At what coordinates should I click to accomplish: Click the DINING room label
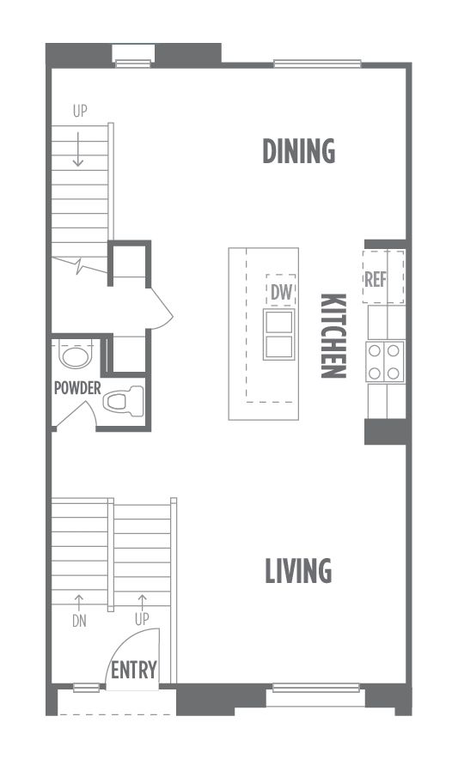click(298, 150)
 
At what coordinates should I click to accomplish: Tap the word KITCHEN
click(333, 336)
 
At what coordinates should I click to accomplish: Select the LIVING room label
click(298, 570)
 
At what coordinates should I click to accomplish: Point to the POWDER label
click(77, 388)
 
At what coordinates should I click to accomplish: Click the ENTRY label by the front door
click(134, 670)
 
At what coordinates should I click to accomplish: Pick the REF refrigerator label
click(376, 279)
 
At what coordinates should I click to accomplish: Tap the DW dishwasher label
click(281, 292)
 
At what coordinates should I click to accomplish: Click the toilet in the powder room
click(124, 401)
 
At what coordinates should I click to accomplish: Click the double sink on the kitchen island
click(278, 334)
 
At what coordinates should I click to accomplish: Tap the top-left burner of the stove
click(375, 350)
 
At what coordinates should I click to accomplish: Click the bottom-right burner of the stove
click(393, 373)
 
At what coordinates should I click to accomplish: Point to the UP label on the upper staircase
click(80, 111)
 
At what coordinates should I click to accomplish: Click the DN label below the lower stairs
click(79, 621)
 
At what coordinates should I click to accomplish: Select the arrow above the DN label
click(78, 604)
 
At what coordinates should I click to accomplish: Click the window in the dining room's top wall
click(317, 63)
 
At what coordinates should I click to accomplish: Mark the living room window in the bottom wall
click(316, 688)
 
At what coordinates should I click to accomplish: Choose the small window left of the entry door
click(86, 688)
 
